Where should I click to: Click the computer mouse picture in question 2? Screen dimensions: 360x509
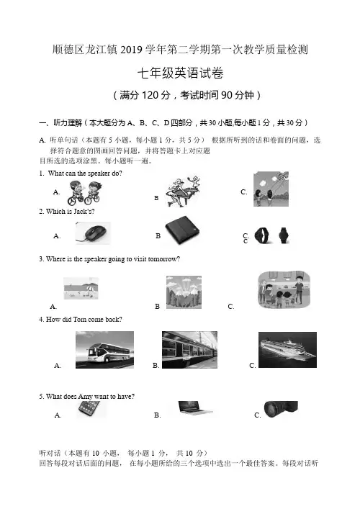click(x=93, y=233)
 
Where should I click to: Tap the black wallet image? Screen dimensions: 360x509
click(x=182, y=231)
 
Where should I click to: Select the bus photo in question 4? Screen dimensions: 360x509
click(x=104, y=350)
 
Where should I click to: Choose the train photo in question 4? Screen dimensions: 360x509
click(x=189, y=350)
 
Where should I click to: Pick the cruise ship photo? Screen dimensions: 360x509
click(x=287, y=350)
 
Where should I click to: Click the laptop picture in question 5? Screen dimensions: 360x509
click(x=195, y=408)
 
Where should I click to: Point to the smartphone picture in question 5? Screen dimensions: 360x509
click(x=89, y=409)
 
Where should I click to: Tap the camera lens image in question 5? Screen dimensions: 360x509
click(x=281, y=409)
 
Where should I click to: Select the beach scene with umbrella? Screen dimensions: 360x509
click(x=81, y=288)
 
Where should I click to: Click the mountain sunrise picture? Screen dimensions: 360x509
click(x=184, y=292)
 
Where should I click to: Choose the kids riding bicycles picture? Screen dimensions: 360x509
click(x=85, y=192)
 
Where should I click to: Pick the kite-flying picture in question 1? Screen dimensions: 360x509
click(x=271, y=189)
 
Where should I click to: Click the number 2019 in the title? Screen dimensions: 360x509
click(x=132, y=50)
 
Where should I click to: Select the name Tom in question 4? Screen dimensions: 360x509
click(x=79, y=320)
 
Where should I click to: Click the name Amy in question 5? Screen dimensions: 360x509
click(x=86, y=397)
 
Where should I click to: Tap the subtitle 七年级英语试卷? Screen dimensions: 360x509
click(x=180, y=73)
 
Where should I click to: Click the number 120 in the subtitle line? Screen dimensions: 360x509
click(x=150, y=95)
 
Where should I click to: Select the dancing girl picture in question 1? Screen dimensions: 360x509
click(x=183, y=191)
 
